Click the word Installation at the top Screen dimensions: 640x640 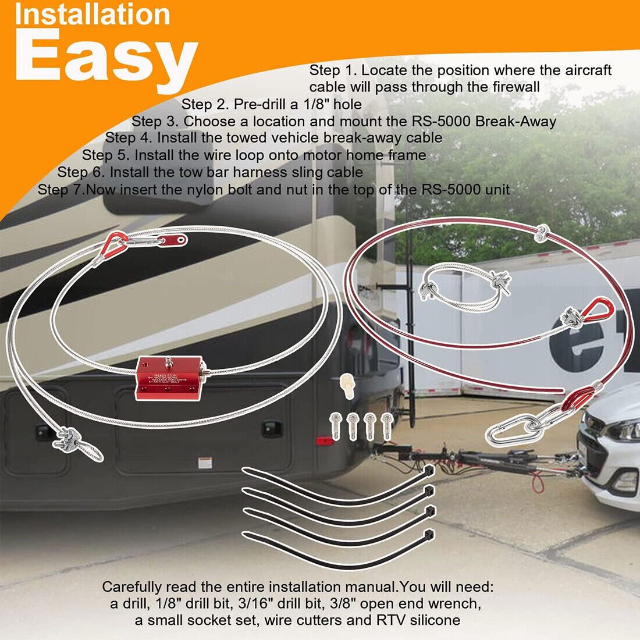pyautogui.click(x=93, y=14)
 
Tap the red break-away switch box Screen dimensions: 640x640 pyautogui.click(x=169, y=378)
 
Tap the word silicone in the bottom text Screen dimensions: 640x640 pyautogui.click(x=431, y=620)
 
